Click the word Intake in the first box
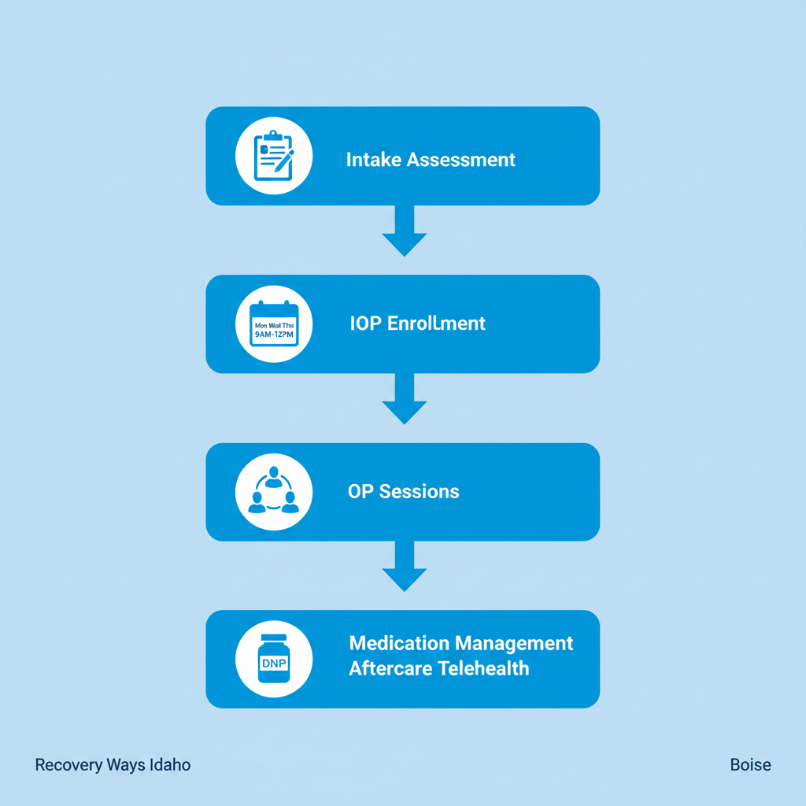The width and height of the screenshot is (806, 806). click(373, 160)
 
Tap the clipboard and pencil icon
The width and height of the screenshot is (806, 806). click(273, 156)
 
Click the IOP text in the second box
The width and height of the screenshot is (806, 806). click(366, 324)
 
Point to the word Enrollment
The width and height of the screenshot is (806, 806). click(437, 324)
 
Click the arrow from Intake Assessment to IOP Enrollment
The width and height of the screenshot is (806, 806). click(404, 232)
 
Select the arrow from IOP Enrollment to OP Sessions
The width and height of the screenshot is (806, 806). click(404, 400)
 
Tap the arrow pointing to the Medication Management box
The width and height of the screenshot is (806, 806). click(404, 568)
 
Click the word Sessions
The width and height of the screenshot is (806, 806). click(419, 492)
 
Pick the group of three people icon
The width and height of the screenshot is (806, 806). click(273, 491)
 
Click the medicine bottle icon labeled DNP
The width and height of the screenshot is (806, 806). click(273, 660)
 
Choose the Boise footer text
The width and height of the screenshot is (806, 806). click(750, 765)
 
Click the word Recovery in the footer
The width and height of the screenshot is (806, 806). click(65, 765)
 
